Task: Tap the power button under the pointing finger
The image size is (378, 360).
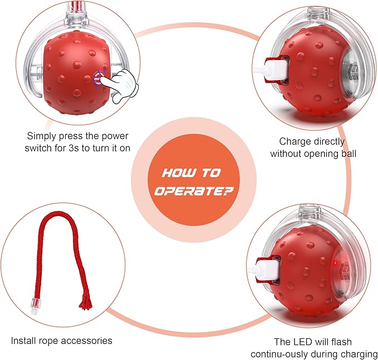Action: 97,78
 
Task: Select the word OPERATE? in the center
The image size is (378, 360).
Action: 194,191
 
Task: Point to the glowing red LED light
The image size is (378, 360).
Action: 335,263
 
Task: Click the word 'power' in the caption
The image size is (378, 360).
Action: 115,136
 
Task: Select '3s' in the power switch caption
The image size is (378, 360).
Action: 73,148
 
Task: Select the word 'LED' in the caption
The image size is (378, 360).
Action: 302,342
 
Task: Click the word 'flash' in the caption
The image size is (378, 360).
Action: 342,342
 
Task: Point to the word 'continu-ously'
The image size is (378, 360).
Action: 279,354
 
